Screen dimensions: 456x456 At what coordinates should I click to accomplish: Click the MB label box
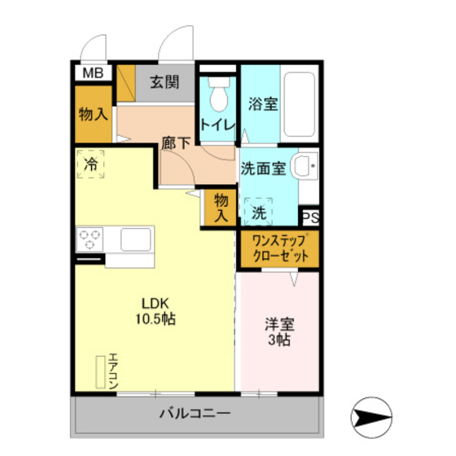(x=92, y=73)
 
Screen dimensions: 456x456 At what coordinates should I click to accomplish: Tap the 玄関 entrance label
(x=165, y=81)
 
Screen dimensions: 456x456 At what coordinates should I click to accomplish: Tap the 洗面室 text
(x=262, y=169)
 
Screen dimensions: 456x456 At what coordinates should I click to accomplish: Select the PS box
(x=310, y=217)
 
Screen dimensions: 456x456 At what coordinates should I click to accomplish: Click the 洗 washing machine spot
(x=259, y=213)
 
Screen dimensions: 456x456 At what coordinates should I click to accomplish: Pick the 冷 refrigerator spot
(x=92, y=164)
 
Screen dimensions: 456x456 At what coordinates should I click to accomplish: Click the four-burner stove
(x=90, y=239)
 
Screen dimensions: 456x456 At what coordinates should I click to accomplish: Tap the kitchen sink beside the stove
(x=134, y=239)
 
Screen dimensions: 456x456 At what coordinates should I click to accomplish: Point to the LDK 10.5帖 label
(x=155, y=310)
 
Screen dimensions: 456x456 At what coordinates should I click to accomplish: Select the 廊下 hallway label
(x=175, y=142)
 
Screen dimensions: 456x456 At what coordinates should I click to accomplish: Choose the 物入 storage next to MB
(x=93, y=113)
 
